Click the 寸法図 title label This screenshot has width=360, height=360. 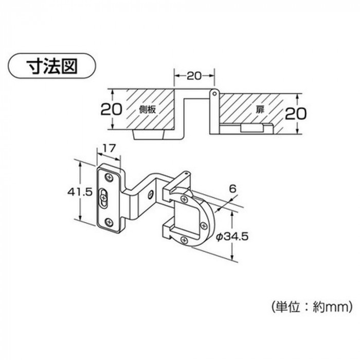52,66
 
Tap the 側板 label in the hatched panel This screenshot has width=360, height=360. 148,110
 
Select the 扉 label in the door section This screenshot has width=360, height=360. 260,110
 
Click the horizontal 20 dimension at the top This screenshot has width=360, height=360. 194,76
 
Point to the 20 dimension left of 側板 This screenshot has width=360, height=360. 111,109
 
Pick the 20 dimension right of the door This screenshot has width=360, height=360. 296,113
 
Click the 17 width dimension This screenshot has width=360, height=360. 109,149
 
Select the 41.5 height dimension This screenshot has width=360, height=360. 79,192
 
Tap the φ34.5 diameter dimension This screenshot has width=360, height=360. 232,236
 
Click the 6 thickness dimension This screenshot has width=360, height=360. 232,189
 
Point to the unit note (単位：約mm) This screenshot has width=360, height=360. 312,307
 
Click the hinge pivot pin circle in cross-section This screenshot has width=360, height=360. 214,94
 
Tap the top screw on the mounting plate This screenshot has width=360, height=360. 109,177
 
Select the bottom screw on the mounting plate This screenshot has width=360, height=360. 109,222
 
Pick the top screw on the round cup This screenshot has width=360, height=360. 184,199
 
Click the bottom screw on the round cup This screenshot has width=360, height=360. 184,240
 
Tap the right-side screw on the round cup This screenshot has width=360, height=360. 204,226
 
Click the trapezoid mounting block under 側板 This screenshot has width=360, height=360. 149,135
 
